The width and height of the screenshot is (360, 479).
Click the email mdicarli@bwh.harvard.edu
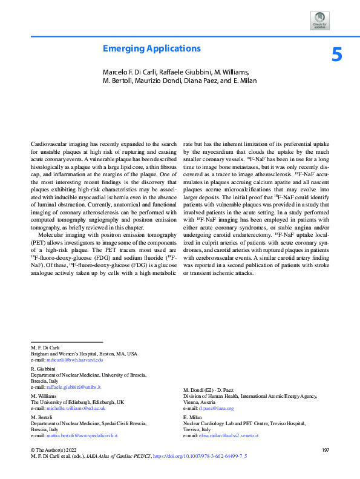tap(76, 360)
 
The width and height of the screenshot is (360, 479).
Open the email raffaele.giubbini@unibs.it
tap(74, 386)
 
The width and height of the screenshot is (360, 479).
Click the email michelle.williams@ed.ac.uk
tap(75, 408)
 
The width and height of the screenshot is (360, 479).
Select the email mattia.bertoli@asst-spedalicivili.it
tap(83, 435)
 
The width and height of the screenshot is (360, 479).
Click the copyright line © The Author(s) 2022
tap(54, 449)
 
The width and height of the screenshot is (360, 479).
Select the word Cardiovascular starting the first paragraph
tap(48, 144)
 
